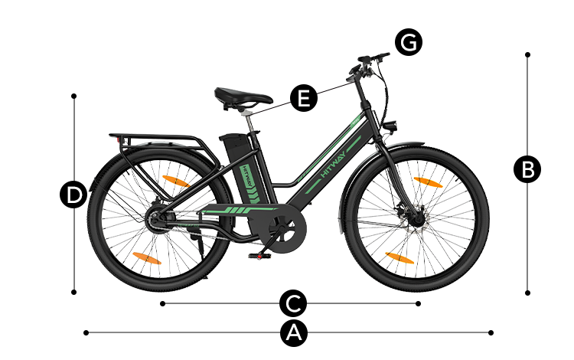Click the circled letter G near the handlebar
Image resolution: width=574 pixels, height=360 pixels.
pyautogui.click(x=409, y=42)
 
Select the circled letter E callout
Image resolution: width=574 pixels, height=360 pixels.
pyautogui.click(x=304, y=98)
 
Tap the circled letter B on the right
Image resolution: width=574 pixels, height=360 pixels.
pyautogui.click(x=527, y=170)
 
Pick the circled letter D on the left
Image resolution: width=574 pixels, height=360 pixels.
pyautogui.click(x=73, y=195)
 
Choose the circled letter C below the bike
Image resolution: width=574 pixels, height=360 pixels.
pyautogui.click(x=293, y=303)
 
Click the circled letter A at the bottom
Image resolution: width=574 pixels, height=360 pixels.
pyautogui.click(x=294, y=333)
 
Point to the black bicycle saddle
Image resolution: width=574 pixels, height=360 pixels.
pyautogui.click(x=243, y=97)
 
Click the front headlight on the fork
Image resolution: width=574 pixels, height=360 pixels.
pyautogui.click(x=390, y=126)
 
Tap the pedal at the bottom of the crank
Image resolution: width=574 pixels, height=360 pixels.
pyautogui.click(x=259, y=255)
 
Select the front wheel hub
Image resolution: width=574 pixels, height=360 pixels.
pyautogui.click(x=417, y=219)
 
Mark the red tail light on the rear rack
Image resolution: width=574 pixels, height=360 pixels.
pyautogui.click(x=118, y=139)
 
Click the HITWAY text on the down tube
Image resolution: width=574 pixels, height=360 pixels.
pyautogui.click(x=333, y=164)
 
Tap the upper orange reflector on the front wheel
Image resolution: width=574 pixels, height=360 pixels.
pyautogui.click(x=428, y=182)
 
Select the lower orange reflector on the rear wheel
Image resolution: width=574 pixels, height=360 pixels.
pyautogui.click(x=147, y=258)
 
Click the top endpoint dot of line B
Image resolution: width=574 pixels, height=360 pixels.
pyautogui.click(x=527, y=54)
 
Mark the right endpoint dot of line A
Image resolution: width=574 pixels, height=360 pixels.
pyautogui.click(x=491, y=333)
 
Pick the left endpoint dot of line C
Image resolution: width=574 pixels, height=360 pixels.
pyautogui.click(x=162, y=303)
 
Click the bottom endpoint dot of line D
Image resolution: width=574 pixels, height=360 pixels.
pyautogui.click(x=74, y=293)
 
